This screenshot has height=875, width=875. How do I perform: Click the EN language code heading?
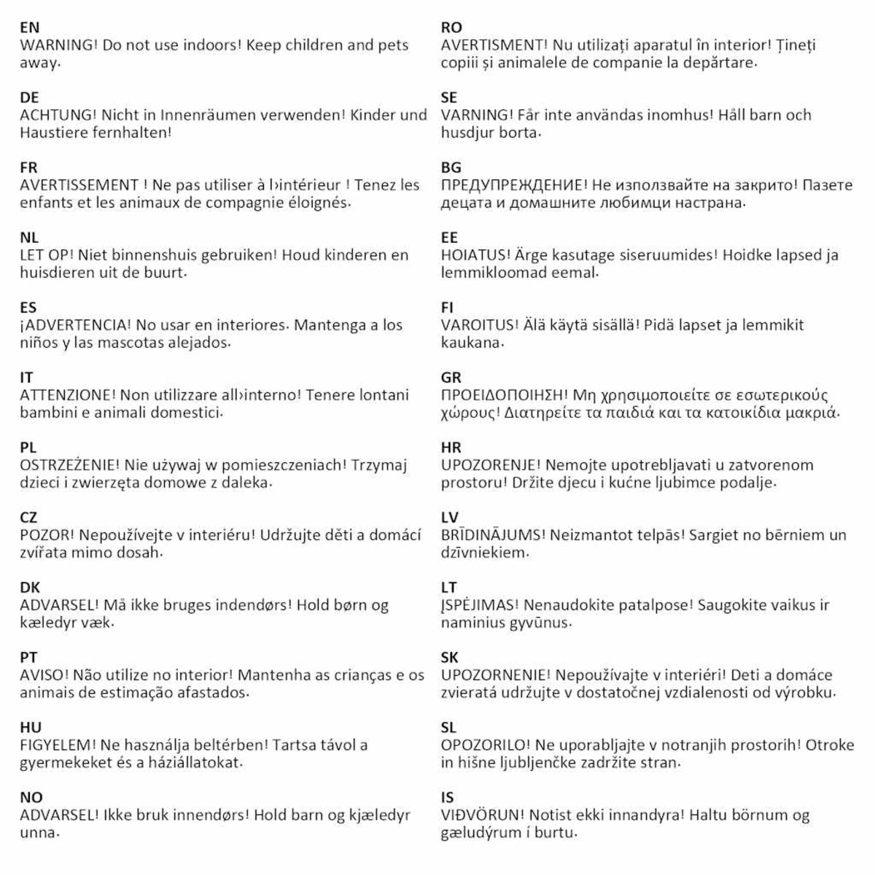coord(29,28)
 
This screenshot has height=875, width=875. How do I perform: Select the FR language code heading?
coord(28,168)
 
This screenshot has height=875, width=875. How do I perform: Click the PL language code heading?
coord(28,448)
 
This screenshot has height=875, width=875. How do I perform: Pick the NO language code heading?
coord(31,798)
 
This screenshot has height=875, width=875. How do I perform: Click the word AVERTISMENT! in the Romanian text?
coord(494,45)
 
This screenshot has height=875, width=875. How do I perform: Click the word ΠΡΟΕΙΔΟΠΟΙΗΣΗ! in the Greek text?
coord(503,395)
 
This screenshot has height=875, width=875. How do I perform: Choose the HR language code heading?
coord(451,448)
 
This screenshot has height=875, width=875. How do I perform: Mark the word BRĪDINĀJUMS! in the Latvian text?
coord(492,535)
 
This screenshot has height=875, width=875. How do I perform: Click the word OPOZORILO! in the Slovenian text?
coord(485,745)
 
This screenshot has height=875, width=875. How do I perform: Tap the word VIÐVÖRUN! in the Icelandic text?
coord(482,815)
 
